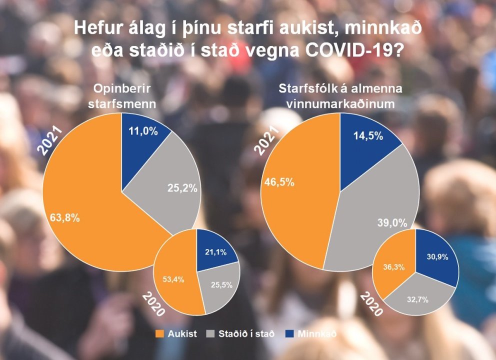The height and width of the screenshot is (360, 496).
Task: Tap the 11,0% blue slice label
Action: (x=143, y=131)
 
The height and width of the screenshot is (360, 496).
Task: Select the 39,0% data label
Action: (x=391, y=222)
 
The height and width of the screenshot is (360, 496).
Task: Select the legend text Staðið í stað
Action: (x=247, y=333)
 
